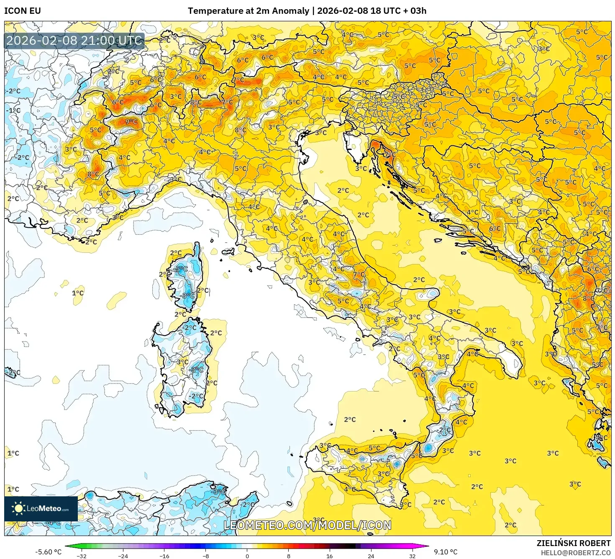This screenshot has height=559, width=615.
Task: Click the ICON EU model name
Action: point(23,11)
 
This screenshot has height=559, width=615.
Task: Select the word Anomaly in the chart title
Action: point(290,11)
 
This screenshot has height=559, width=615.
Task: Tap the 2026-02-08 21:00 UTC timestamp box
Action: point(74,41)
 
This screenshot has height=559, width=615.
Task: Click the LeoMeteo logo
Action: point(41,508)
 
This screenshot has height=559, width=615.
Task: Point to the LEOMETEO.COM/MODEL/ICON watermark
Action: point(307,525)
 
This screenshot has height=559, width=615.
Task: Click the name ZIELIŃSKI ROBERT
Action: point(574,543)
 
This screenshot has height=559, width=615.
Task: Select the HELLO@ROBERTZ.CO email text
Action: point(576,553)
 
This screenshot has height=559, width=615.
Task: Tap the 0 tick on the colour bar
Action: point(247,556)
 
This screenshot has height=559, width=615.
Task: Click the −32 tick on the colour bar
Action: point(82,556)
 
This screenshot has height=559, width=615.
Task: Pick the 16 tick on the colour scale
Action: point(330,556)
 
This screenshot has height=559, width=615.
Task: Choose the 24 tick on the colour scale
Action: point(371,556)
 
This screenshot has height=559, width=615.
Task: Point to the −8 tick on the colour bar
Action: point(206,556)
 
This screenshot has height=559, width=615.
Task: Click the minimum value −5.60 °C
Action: point(48,552)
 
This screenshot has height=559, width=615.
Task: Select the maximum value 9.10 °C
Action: point(446,552)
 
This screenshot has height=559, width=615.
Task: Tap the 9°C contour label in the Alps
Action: point(131,122)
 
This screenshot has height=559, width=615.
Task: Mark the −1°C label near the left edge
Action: point(13,110)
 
